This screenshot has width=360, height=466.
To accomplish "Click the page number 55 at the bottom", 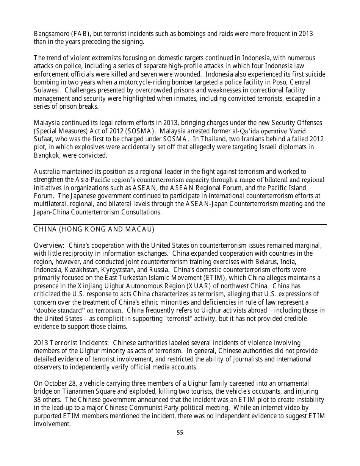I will pos(180,433).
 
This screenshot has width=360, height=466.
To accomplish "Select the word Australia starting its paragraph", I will pos(47,172).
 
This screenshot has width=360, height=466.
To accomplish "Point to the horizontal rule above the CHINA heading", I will pos(180,225).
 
